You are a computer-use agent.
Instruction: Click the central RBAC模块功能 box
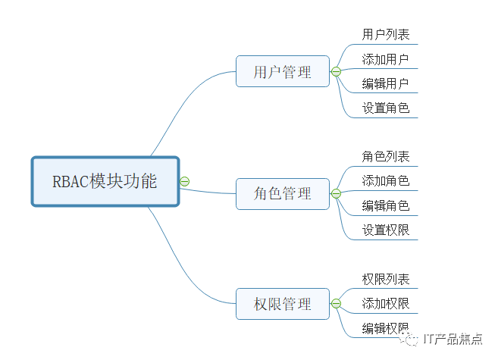pos(105,181)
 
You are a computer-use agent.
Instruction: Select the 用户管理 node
pos(283,72)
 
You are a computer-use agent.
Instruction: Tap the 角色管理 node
pos(283,194)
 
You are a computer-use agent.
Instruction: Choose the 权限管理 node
pos(283,305)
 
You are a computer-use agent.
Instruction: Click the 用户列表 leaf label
pos(386,34)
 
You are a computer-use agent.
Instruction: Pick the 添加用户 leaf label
pos(386,59)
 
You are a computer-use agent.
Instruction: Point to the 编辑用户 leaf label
pos(386,83)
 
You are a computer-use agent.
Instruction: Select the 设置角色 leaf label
pos(386,108)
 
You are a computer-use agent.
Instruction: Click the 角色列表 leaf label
pos(386,156)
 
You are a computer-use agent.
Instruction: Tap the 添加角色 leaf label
pos(386,180)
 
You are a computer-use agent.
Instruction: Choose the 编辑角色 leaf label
pos(386,205)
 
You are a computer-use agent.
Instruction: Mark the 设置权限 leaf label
pos(386,229)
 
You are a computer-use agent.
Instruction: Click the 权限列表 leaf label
pos(386,279)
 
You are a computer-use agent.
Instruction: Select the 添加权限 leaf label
pos(386,303)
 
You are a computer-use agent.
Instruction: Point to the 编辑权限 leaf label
pos(386,327)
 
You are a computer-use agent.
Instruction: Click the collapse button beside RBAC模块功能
pos(185,181)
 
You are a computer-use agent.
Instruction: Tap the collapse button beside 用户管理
pos(336,72)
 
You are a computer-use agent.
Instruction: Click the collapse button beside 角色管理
pos(336,194)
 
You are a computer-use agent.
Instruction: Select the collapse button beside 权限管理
pos(336,305)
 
